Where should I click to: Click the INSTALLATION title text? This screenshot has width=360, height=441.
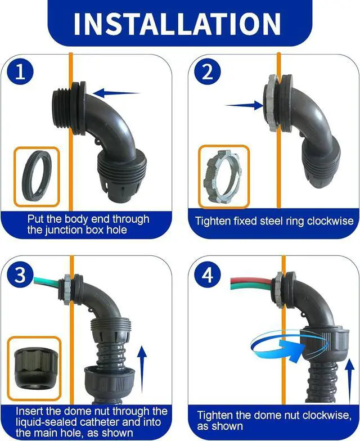[x=177, y=24]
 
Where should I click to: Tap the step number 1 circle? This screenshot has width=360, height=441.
[x=20, y=72]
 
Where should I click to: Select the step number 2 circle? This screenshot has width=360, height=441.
[x=207, y=72]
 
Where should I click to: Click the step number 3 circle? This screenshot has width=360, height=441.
[x=20, y=274]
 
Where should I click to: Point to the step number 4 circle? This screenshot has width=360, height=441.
[x=207, y=274]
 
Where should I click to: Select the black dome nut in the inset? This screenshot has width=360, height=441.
[x=36, y=369]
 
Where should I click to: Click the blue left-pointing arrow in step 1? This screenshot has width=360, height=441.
[x=116, y=93]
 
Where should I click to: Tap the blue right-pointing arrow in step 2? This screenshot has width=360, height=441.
[x=244, y=105]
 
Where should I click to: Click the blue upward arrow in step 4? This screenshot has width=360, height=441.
[x=350, y=380]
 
